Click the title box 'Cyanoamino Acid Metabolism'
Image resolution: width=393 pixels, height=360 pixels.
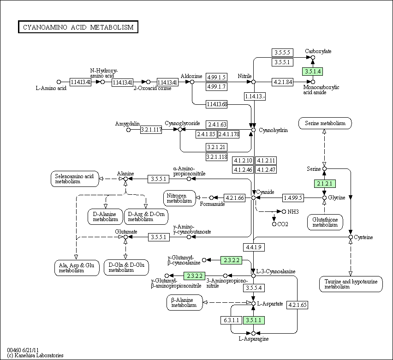78,27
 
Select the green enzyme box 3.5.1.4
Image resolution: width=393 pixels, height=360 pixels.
312,71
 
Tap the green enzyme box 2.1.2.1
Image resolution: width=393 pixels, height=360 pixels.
324,183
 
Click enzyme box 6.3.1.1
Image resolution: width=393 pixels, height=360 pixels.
231,320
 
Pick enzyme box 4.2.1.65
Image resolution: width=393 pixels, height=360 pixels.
298,305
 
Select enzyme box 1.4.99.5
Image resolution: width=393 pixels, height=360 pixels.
293,198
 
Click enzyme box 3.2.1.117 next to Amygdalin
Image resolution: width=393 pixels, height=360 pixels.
151,130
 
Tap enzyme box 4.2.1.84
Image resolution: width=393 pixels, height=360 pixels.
283,82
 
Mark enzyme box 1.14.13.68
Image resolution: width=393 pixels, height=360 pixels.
216,104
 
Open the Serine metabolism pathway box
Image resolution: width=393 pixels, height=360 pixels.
325,123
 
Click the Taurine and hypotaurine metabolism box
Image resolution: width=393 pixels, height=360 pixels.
351,284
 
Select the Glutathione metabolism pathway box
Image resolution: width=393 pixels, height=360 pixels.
325,222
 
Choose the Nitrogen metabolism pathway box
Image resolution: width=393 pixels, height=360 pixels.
179,198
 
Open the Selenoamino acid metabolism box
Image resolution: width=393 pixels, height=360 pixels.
74,179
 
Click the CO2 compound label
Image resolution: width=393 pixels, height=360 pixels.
283,224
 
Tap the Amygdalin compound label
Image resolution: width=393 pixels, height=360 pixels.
127,124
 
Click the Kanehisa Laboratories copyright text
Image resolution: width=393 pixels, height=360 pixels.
36,355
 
